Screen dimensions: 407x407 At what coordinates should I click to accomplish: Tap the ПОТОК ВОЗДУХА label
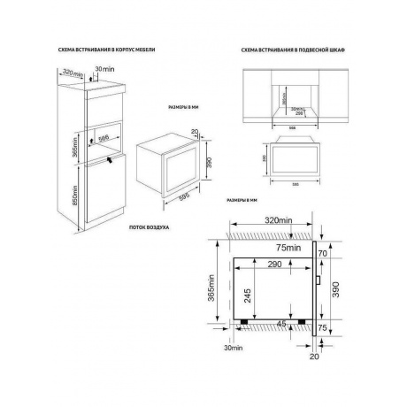click(149, 228)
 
